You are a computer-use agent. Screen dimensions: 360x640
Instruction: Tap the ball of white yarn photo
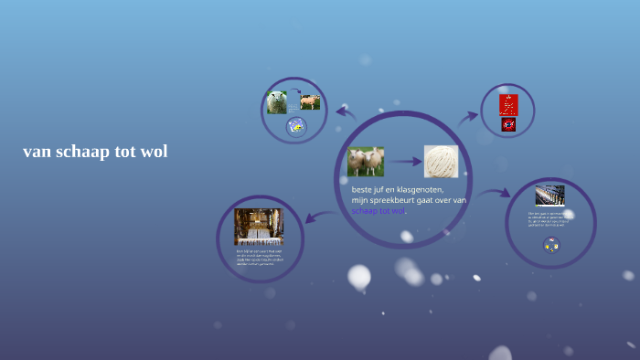tap(441, 162)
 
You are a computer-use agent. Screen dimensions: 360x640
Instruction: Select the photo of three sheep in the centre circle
tap(365, 162)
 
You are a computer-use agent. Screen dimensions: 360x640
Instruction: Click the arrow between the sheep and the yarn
tap(403, 163)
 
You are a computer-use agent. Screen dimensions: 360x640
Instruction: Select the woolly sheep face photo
tap(277, 102)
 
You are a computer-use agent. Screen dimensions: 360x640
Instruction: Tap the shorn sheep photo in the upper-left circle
tap(310, 101)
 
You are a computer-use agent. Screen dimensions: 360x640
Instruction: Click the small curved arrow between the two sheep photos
tap(294, 91)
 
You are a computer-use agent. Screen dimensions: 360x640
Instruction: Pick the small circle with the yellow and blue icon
tap(295, 127)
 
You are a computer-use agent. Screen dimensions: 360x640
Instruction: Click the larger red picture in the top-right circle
tap(508, 103)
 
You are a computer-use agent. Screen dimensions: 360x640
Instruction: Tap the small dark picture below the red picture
tap(508, 124)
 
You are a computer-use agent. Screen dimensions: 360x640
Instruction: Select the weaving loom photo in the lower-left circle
tap(258, 227)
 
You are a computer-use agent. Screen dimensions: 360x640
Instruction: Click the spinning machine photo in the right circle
tap(549, 195)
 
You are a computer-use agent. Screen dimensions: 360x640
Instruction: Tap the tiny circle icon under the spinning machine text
tap(550, 245)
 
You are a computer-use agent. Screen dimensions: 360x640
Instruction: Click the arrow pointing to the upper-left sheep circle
tap(346, 112)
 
